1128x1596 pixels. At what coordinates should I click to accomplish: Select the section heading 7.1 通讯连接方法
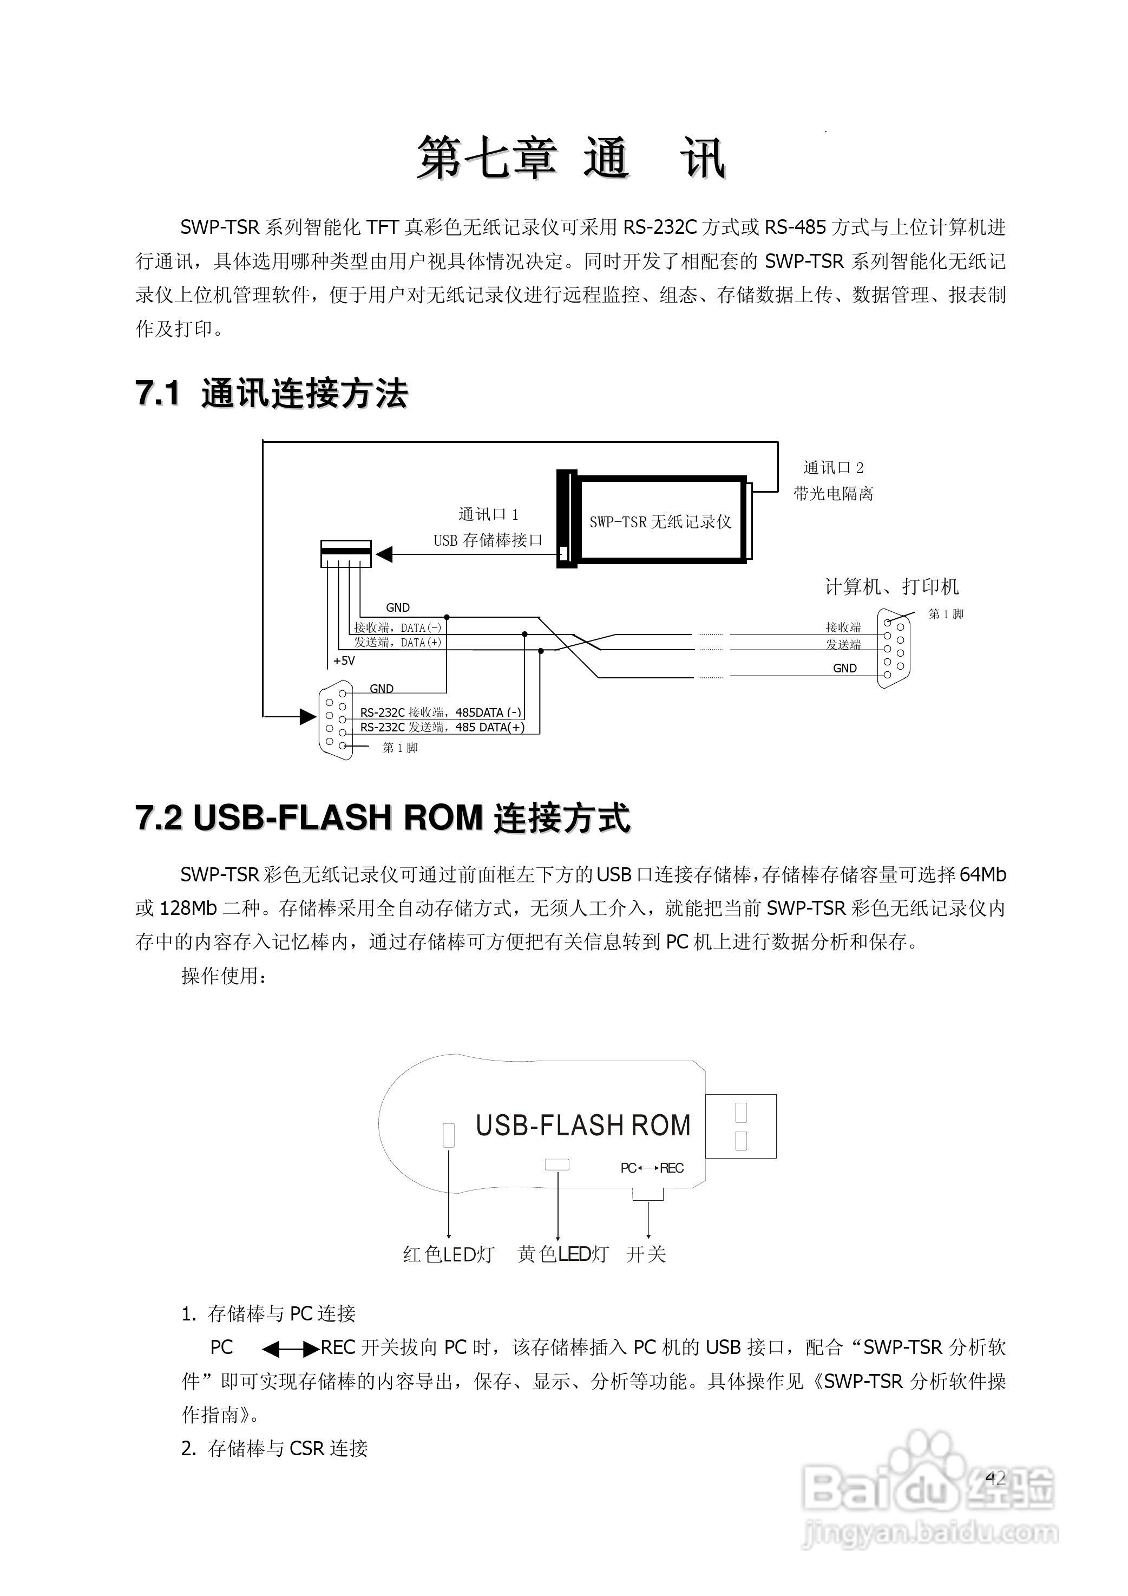[x=271, y=394]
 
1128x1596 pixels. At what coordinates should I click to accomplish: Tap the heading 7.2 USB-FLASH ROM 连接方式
[x=383, y=817]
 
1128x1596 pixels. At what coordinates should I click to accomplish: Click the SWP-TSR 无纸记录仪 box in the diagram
[x=660, y=521]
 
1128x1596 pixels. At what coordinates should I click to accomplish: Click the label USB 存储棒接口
[x=487, y=540]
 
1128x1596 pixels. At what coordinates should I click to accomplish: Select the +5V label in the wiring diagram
[x=344, y=660]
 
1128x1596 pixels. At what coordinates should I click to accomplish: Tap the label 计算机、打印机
[x=891, y=587]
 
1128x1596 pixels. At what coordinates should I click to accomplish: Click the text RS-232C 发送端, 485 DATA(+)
[x=442, y=728]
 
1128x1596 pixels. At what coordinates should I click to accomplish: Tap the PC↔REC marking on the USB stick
[x=652, y=1168]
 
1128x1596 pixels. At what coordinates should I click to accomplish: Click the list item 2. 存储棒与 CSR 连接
[x=274, y=1449]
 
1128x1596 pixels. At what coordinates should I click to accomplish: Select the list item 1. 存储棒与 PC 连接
[x=268, y=1314]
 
